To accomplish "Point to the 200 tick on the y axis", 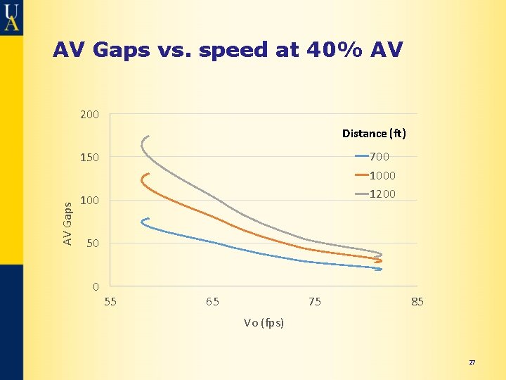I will point(90,114).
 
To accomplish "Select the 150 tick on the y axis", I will point(90,158).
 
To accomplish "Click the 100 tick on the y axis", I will point(90,201).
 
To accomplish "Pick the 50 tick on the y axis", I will point(93,244).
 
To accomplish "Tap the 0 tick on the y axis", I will point(96,287).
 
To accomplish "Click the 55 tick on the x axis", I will point(110,302).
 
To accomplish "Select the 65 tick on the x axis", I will point(212,302).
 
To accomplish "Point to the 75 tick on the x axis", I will point(315,302).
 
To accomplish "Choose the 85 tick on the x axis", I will point(417,302).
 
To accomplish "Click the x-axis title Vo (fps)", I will point(264,323).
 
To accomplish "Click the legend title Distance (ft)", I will point(374,133).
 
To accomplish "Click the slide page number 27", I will point(472,362).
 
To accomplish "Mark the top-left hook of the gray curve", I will point(145,138).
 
